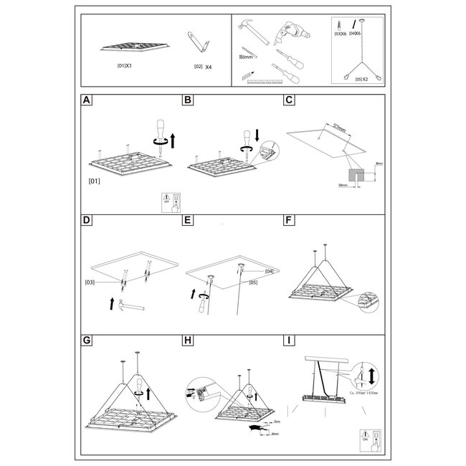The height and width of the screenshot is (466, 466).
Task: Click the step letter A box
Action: (x=87, y=100)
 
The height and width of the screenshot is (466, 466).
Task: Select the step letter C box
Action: (x=289, y=100)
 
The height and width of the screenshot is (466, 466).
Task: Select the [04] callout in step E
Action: (x=270, y=271)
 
